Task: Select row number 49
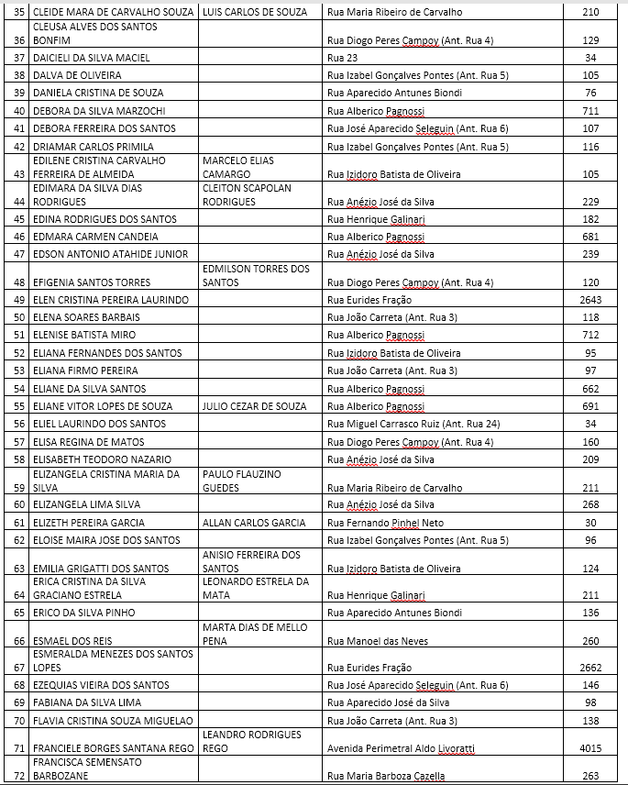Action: pyautogui.click(x=19, y=300)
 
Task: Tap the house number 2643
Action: pyautogui.click(x=590, y=300)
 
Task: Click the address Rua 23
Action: pyautogui.click(x=340, y=58)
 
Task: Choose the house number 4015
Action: pyautogui.click(x=590, y=748)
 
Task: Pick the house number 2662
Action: pyautogui.click(x=590, y=668)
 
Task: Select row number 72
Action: pyautogui.click(x=19, y=776)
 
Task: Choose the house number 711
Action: pyautogui.click(x=590, y=111)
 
